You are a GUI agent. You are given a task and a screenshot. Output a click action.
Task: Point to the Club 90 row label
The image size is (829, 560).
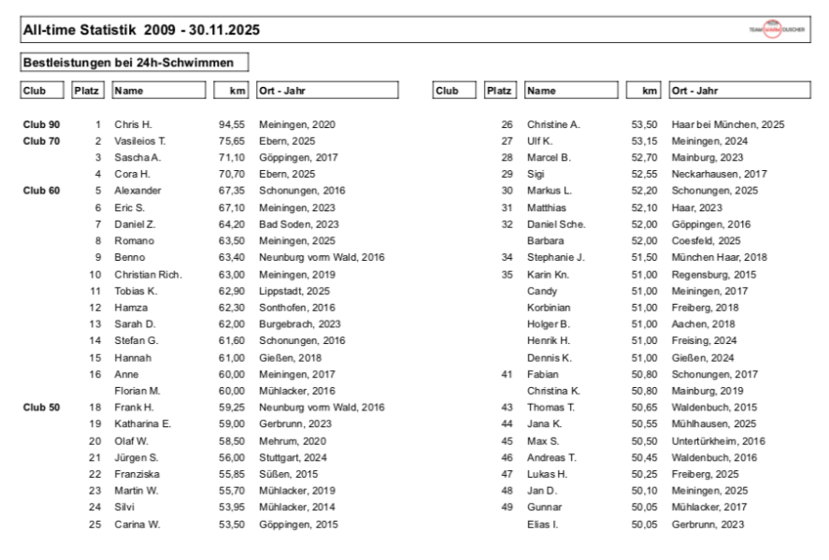click(42, 124)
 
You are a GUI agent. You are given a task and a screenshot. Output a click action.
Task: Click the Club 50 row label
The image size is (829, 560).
click(42, 408)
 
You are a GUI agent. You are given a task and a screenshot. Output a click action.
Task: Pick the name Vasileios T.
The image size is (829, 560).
click(140, 141)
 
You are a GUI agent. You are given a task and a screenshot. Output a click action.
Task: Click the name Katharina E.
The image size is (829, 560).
click(143, 424)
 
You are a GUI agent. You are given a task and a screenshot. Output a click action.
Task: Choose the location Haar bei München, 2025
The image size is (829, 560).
click(728, 124)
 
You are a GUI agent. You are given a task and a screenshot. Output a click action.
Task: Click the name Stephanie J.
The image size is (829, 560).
click(555, 257)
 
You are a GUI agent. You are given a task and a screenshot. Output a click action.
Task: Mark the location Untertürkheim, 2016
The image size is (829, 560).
click(718, 440)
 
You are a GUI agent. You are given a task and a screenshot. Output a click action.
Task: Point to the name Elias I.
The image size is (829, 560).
click(542, 524)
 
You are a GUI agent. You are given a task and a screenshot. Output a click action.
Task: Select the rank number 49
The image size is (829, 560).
click(507, 508)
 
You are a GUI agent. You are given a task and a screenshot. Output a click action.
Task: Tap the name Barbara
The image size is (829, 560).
click(546, 240)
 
